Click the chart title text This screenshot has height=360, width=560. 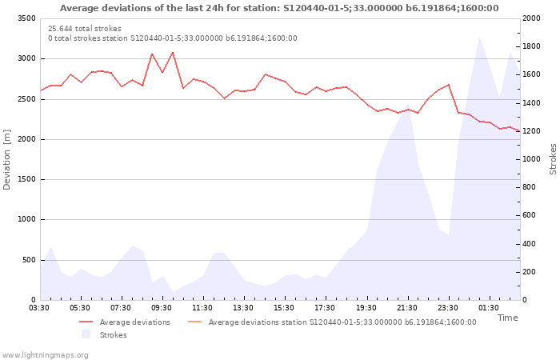(x=279, y=8)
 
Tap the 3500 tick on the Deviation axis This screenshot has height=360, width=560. (x=26, y=18)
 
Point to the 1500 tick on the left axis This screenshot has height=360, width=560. (x=26, y=180)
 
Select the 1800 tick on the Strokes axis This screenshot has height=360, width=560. (x=531, y=46)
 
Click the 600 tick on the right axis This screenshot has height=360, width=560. (x=529, y=215)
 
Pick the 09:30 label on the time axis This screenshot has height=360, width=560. (x=162, y=308)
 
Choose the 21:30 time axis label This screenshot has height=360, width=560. (x=406, y=308)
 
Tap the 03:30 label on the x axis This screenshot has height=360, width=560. (x=39, y=308)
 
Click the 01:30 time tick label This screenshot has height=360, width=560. (x=489, y=308)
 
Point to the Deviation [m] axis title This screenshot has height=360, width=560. (x=6, y=160)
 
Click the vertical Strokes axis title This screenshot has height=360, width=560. (x=553, y=159)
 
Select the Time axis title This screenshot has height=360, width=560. (x=508, y=318)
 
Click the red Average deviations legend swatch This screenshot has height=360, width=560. (x=86, y=322)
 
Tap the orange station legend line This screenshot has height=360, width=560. (x=194, y=322)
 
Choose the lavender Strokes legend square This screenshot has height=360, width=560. (x=86, y=334)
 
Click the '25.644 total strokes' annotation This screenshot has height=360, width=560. (x=85, y=29)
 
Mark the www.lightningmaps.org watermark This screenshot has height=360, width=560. (x=45, y=355)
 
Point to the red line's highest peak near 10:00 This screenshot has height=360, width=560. (x=173, y=52)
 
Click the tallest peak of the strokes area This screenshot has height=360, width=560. (x=479, y=37)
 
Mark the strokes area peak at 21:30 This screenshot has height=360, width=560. (x=408, y=102)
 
